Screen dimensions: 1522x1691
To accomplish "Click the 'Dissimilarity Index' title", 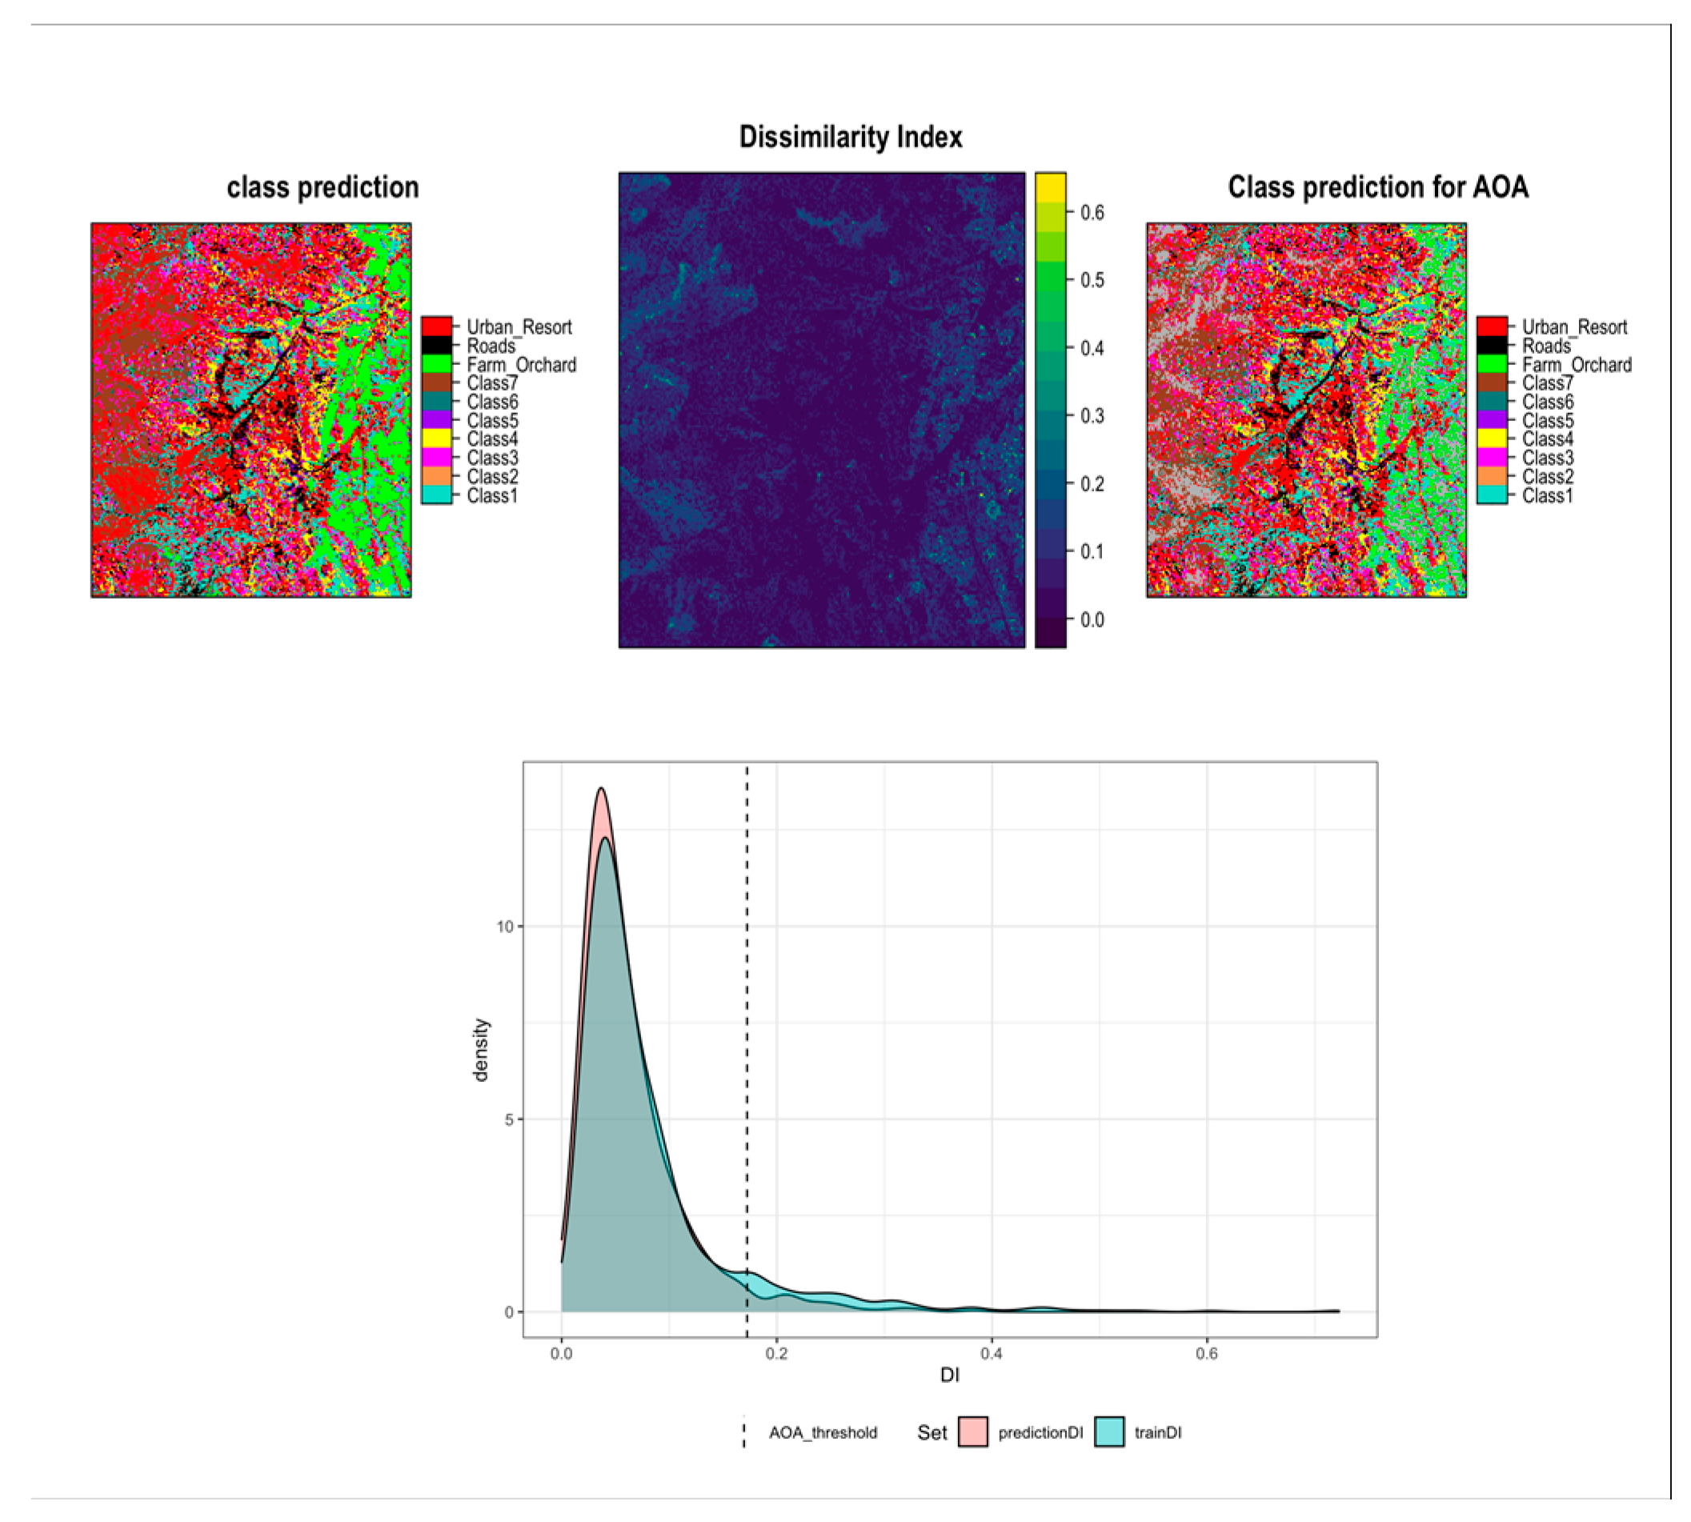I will pyautogui.click(x=850, y=137).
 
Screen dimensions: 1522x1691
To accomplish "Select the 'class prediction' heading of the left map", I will pyautogui.click(x=323, y=187).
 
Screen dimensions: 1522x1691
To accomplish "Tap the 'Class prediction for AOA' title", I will pyautogui.click(x=1377, y=187).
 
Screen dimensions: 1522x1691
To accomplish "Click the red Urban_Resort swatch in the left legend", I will pyautogui.click(x=436, y=326).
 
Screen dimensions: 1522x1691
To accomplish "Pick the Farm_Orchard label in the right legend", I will pyautogui.click(x=1577, y=365).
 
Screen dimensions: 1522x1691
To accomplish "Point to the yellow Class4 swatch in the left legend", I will pyautogui.click(x=436, y=439).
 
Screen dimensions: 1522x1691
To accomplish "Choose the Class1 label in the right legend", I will pyautogui.click(x=1547, y=496).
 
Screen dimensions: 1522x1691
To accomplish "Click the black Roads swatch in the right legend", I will pyautogui.click(x=1491, y=346).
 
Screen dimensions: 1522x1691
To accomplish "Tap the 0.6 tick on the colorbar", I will pyautogui.click(x=1092, y=212).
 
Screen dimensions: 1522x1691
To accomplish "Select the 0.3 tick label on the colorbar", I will pyautogui.click(x=1092, y=416).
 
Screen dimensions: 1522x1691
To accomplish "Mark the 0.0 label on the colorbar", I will pyautogui.click(x=1092, y=619).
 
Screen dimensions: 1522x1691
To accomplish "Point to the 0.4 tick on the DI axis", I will pyautogui.click(x=991, y=1354).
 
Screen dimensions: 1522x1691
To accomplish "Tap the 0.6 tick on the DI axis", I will pyautogui.click(x=1206, y=1354).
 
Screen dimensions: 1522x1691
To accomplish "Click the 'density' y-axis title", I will pyautogui.click(x=481, y=1050).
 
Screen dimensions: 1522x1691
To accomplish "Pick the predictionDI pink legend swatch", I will pyautogui.click(x=972, y=1432).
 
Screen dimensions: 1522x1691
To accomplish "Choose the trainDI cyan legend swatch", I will pyautogui.click(x=1109, y=1432).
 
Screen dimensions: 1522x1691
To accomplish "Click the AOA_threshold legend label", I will pyautogui.click(x=823, y=1432).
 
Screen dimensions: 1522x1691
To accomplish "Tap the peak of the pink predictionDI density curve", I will pyautogui.click(x=600, y=787).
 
